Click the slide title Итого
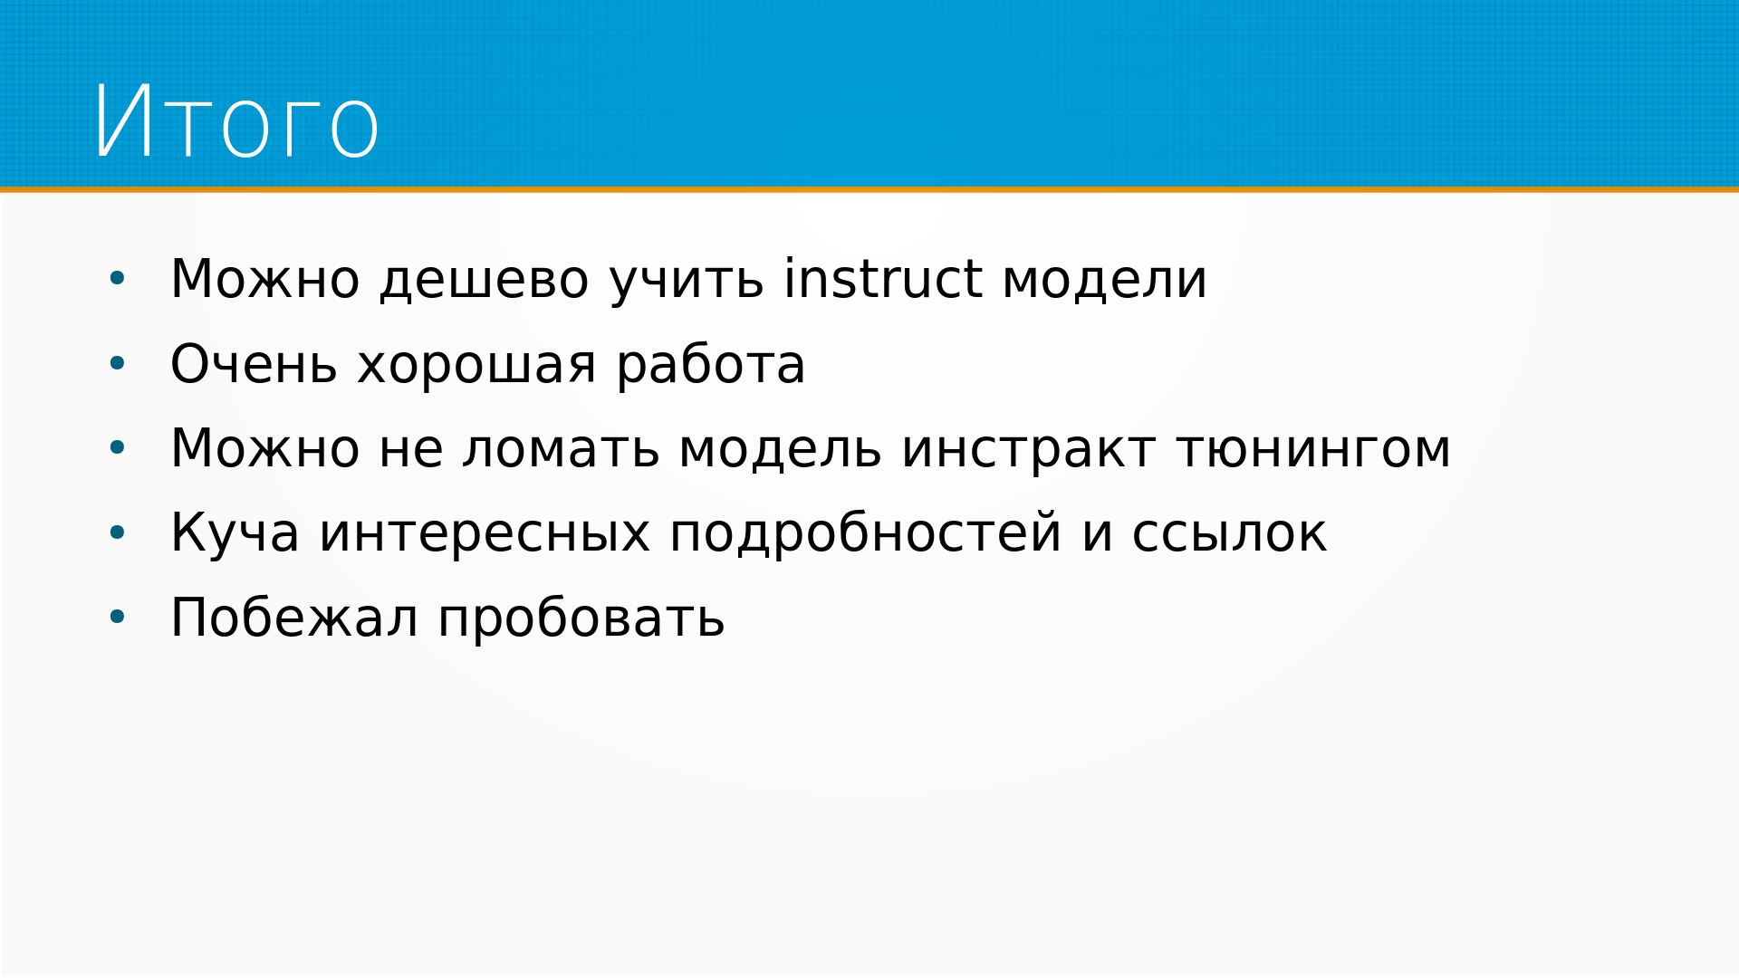pyautogui.click(x=236, y=122)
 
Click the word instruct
pyautogui.click(x=883, y=279)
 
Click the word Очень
pyautogui.click(x=254, y=364)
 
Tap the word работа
pyautogui.click(x=710, y=364)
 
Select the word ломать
pyautogui.click(x=561, y=450)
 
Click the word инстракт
pyautogui.click(x=1028, y=450)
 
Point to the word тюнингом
pyautogui.click(x=1313, y=450)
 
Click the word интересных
pyautogui.click(x=485, y=534)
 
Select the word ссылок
pyautogui.click(x=1229, y=534)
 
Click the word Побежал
pyautogui.click(x=294, y=618)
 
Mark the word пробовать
pyautogui.click(x=581, y=619)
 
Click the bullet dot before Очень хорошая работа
pyautogui.click(x=117, y=364)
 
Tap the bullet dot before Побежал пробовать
pyautogui.click(x=117, y=618)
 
